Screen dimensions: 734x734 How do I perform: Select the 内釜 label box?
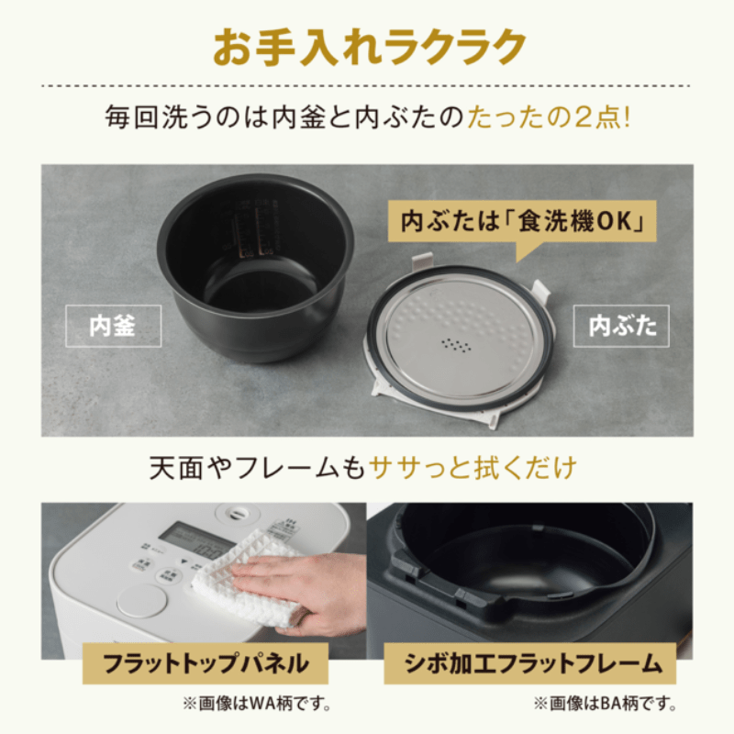point(113,327)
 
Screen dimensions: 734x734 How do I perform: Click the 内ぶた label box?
point(622,326)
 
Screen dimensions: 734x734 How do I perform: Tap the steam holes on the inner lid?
point(456,346)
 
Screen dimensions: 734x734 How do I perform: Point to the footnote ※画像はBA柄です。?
point(606,705)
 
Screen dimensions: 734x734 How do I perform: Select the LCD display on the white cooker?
point(196,541)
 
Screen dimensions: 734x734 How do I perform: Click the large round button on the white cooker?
point(141,601)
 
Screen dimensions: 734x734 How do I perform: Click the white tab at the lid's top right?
point(541,295)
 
